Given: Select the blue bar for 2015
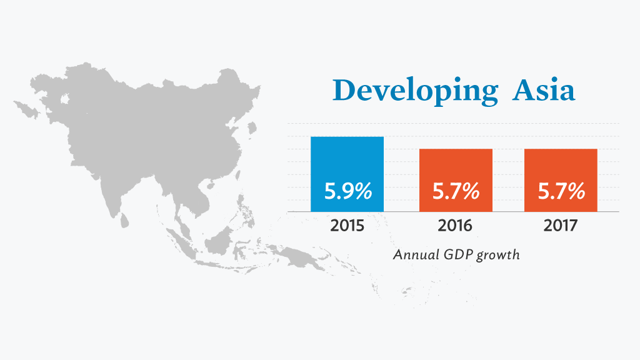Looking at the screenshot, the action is (x=347, y=174).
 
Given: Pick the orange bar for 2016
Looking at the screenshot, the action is (x=456, y=181).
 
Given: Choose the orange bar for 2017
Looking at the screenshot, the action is (x=561, y=181).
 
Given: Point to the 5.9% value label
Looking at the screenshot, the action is (x=348, y=191).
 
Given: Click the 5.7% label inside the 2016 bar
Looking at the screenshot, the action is (x=456, y=191).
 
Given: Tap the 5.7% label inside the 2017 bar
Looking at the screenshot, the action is (x=561, y=191).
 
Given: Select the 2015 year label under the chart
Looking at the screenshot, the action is (x=347, y=225).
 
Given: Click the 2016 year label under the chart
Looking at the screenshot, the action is (x=455, y=225).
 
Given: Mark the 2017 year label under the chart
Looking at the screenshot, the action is (x=561, y=225).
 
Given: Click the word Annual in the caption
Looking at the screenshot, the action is (x=416, y=255).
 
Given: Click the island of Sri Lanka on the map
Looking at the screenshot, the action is (x=124, y=221).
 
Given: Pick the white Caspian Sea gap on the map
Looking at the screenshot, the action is (x=64, y=99).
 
